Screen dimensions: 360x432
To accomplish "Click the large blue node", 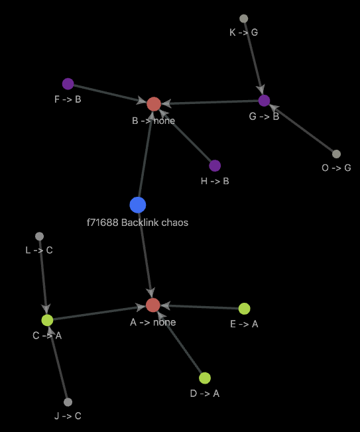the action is pos(138,205).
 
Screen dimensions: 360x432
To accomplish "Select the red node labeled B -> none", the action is pos(154,104).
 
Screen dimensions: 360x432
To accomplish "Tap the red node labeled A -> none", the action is pos(153,305).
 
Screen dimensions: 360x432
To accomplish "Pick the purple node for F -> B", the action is pos(68,83).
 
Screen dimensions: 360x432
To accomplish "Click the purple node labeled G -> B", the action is pos(264,101).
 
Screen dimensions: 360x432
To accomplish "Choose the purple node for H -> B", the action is pos(215,166).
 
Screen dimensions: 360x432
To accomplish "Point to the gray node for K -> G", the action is pos(244,19).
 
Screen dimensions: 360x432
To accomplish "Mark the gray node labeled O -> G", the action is pos(336,154).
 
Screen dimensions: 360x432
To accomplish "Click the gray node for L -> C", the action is pos(39,237).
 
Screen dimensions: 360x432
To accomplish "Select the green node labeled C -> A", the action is pos(48,320).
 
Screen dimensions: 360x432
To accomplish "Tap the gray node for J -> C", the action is pos(68,402).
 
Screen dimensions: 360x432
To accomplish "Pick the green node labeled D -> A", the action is pos(205,378).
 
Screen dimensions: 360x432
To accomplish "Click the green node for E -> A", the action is pos(244,309).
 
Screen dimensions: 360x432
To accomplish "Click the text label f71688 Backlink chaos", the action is pos(137,223).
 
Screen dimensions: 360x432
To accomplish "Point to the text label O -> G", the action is pos(336,168).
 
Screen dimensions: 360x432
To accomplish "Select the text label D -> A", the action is pos(205,394).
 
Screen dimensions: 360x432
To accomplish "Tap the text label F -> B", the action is pos(68,99).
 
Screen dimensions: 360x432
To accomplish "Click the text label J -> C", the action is pos(68,415).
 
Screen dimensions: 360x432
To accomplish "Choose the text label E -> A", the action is pos(244,324).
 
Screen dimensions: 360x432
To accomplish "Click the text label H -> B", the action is pos(215,181).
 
